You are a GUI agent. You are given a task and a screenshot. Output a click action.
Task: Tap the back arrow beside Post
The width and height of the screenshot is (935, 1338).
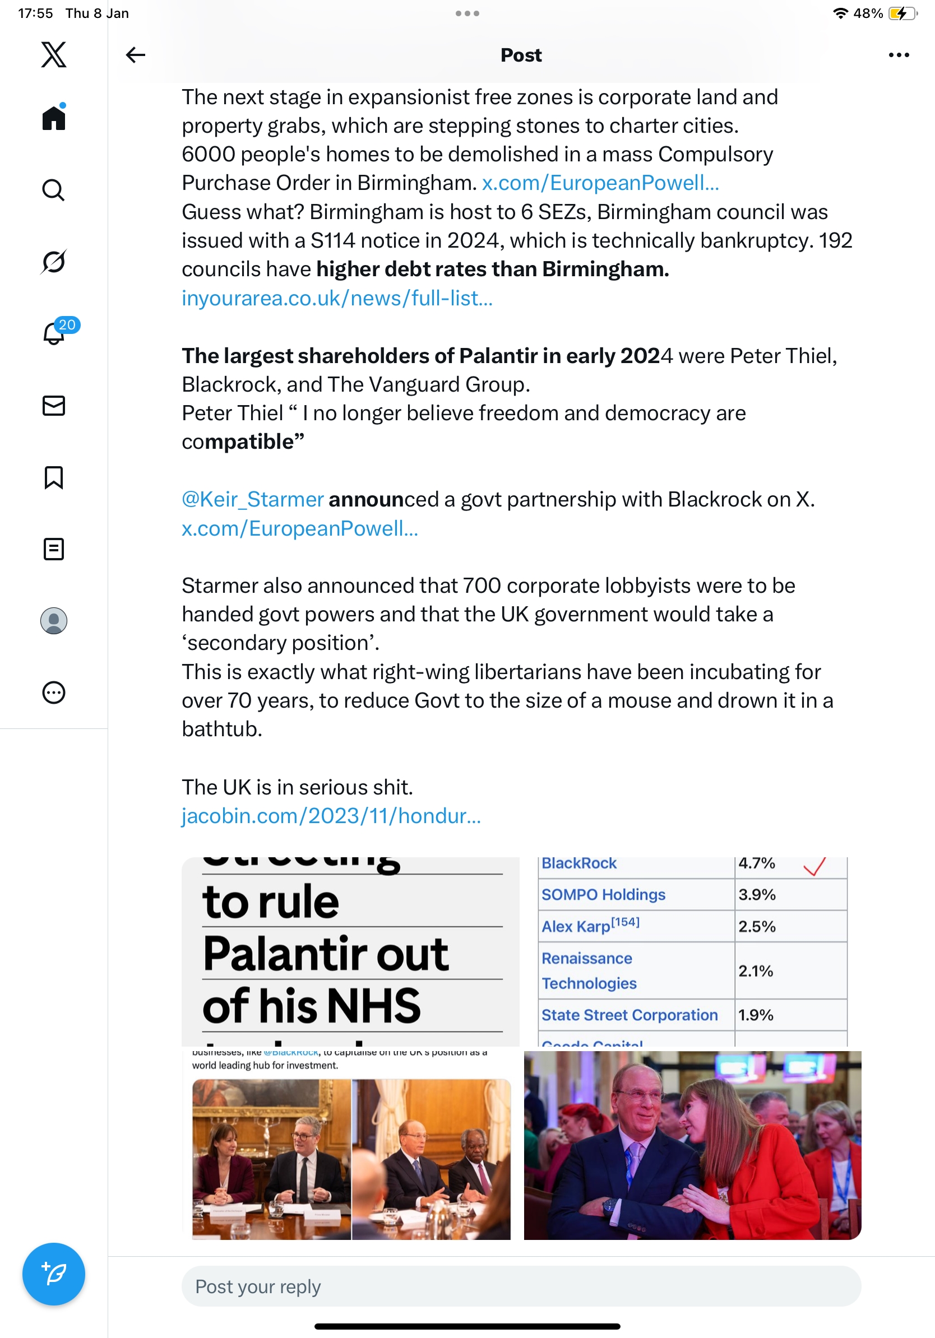135,55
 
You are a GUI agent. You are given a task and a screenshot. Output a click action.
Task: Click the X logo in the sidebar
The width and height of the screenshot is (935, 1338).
54,55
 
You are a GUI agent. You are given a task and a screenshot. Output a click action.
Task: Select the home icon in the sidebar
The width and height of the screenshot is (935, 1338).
54,118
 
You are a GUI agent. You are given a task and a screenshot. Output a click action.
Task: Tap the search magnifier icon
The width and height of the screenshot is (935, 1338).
54,190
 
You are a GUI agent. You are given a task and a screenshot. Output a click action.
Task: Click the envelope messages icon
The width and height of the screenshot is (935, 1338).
54,406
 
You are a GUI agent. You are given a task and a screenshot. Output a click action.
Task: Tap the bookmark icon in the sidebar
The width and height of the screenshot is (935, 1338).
54,477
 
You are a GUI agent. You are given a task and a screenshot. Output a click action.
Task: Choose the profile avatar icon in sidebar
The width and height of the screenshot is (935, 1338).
54,621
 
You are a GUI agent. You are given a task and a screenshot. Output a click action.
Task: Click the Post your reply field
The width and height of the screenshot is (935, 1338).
521,1286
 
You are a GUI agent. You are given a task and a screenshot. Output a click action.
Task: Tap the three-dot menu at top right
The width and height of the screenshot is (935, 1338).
898,55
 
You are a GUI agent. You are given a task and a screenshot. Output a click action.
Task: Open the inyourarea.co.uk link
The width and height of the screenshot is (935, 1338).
337,299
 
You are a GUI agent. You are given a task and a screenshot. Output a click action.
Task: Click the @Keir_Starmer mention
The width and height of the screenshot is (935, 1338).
252,499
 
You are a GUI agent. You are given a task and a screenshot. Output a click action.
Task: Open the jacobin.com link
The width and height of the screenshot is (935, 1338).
331,816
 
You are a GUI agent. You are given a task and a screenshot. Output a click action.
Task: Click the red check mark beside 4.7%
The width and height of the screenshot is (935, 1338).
814,866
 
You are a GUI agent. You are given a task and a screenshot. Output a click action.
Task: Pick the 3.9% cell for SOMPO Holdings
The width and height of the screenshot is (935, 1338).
757,895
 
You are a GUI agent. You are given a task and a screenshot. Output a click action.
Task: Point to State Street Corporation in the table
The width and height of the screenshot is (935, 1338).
629,1015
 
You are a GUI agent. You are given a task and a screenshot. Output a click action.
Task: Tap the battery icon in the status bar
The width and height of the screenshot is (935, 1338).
901,13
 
